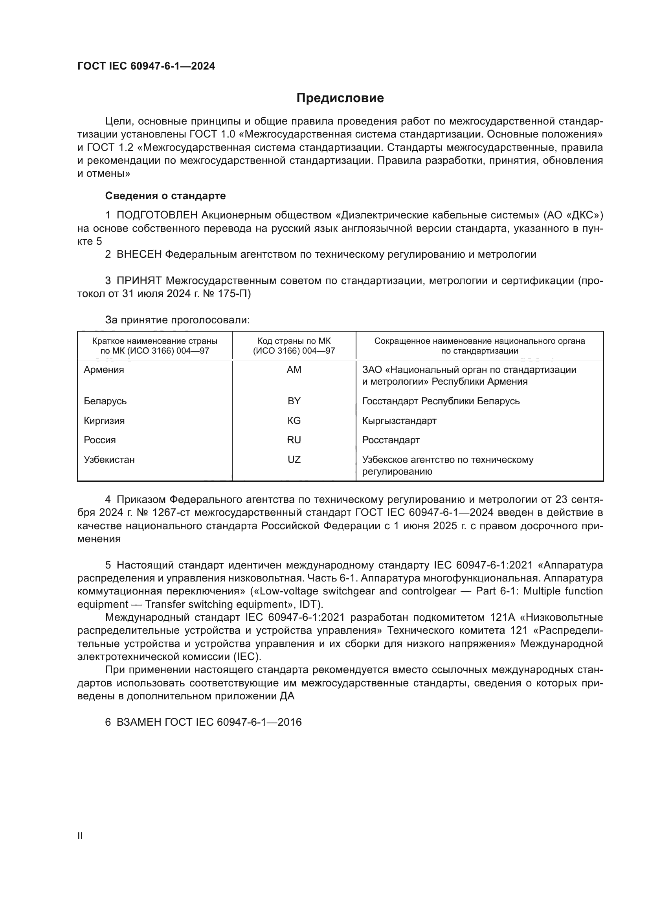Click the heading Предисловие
coord(340,98)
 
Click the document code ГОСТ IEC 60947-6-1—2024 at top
coord(146,66)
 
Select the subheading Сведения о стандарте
coord(165,196)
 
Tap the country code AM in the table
coord(294,370)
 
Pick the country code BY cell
coord(294,401)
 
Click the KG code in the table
coord(294,421)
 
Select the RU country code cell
coord(294,440)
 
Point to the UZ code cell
coord(294,460)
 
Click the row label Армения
coord(104,370)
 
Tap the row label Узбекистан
coord(109,460)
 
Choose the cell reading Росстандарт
coord(391,440)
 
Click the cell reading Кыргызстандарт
coord(399,421)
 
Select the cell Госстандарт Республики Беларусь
coord(441,401)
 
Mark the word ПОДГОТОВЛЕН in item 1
coord(157,215)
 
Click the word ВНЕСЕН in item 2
coord(139,255)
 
